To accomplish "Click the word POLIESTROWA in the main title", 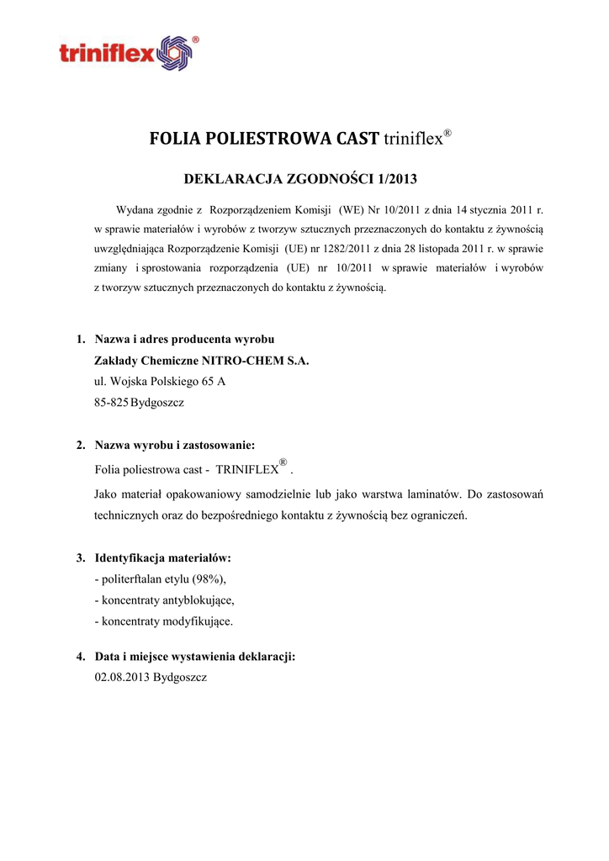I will point(263,139).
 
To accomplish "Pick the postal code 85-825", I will point(111,404).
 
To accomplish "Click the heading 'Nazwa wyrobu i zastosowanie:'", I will point(175,445).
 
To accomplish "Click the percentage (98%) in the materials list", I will point(209,580).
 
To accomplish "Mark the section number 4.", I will point(81,656).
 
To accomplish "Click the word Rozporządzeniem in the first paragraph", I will point(249,209).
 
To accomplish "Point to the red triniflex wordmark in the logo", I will point(108,55).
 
